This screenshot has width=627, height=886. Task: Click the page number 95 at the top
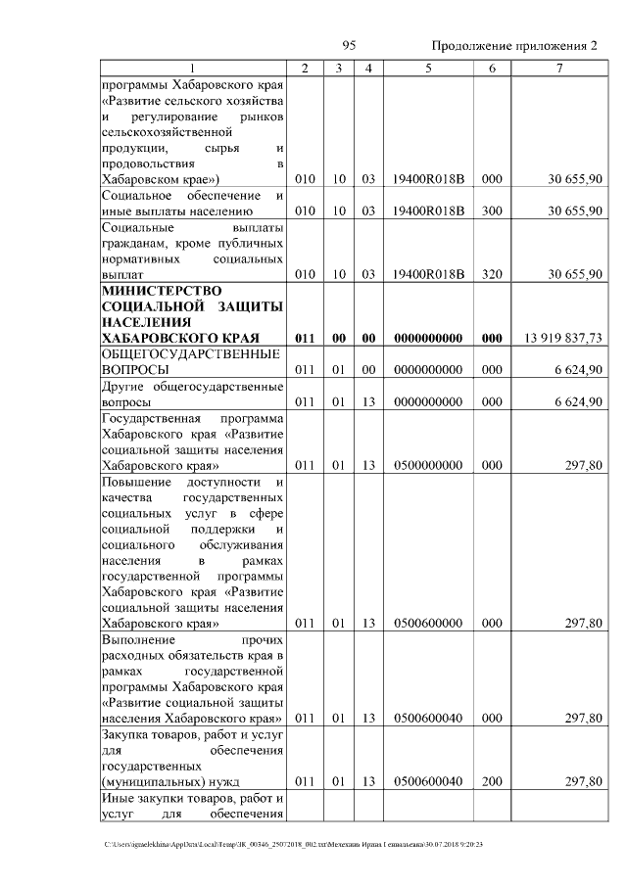tap(349, 46)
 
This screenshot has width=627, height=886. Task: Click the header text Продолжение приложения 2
tap(514, 47)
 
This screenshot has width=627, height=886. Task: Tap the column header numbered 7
tap(558, 68)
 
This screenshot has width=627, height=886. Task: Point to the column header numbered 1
tap(192, 68)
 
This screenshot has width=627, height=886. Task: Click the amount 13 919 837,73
tap(563, 338)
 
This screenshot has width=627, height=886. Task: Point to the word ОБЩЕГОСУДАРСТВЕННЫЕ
tap(192, 353)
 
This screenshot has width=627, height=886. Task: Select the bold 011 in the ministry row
tap(305, 338)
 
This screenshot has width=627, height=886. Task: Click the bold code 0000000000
tap(429, 338)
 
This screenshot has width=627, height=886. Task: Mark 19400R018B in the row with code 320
tap(429, 274)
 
